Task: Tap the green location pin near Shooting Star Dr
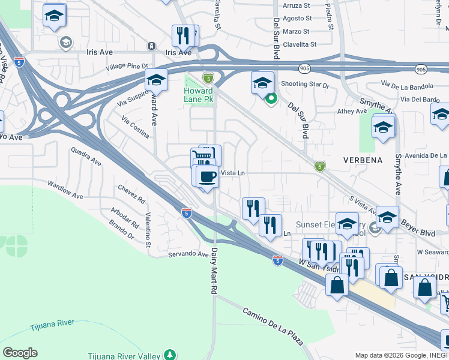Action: pos(271,99)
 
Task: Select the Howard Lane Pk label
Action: pos(198,95)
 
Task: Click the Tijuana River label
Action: pos(52,323)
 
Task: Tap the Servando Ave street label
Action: pos(187,254)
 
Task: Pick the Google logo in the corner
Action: pos(20,353)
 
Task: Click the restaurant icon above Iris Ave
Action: pos(184,36)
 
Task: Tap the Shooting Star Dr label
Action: pos(306,85)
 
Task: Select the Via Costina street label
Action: pos(135,128)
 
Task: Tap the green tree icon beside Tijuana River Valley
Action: pos(170,354)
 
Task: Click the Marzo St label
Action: pos(297,31)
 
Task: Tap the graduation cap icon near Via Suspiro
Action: pos(156,80)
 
